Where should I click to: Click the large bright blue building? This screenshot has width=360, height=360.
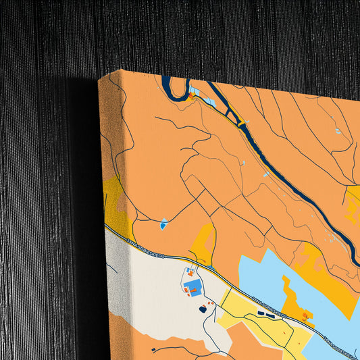point(195,291)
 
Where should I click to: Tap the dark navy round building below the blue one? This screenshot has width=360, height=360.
point(203,309)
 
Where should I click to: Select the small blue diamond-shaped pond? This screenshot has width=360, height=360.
point(163,223)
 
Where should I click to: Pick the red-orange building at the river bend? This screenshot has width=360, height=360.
point(192,97)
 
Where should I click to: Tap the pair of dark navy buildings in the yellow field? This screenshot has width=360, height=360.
point(263,314)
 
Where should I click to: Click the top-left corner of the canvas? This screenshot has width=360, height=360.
point(99,78)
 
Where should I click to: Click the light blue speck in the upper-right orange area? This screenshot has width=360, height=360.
point(337,131)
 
